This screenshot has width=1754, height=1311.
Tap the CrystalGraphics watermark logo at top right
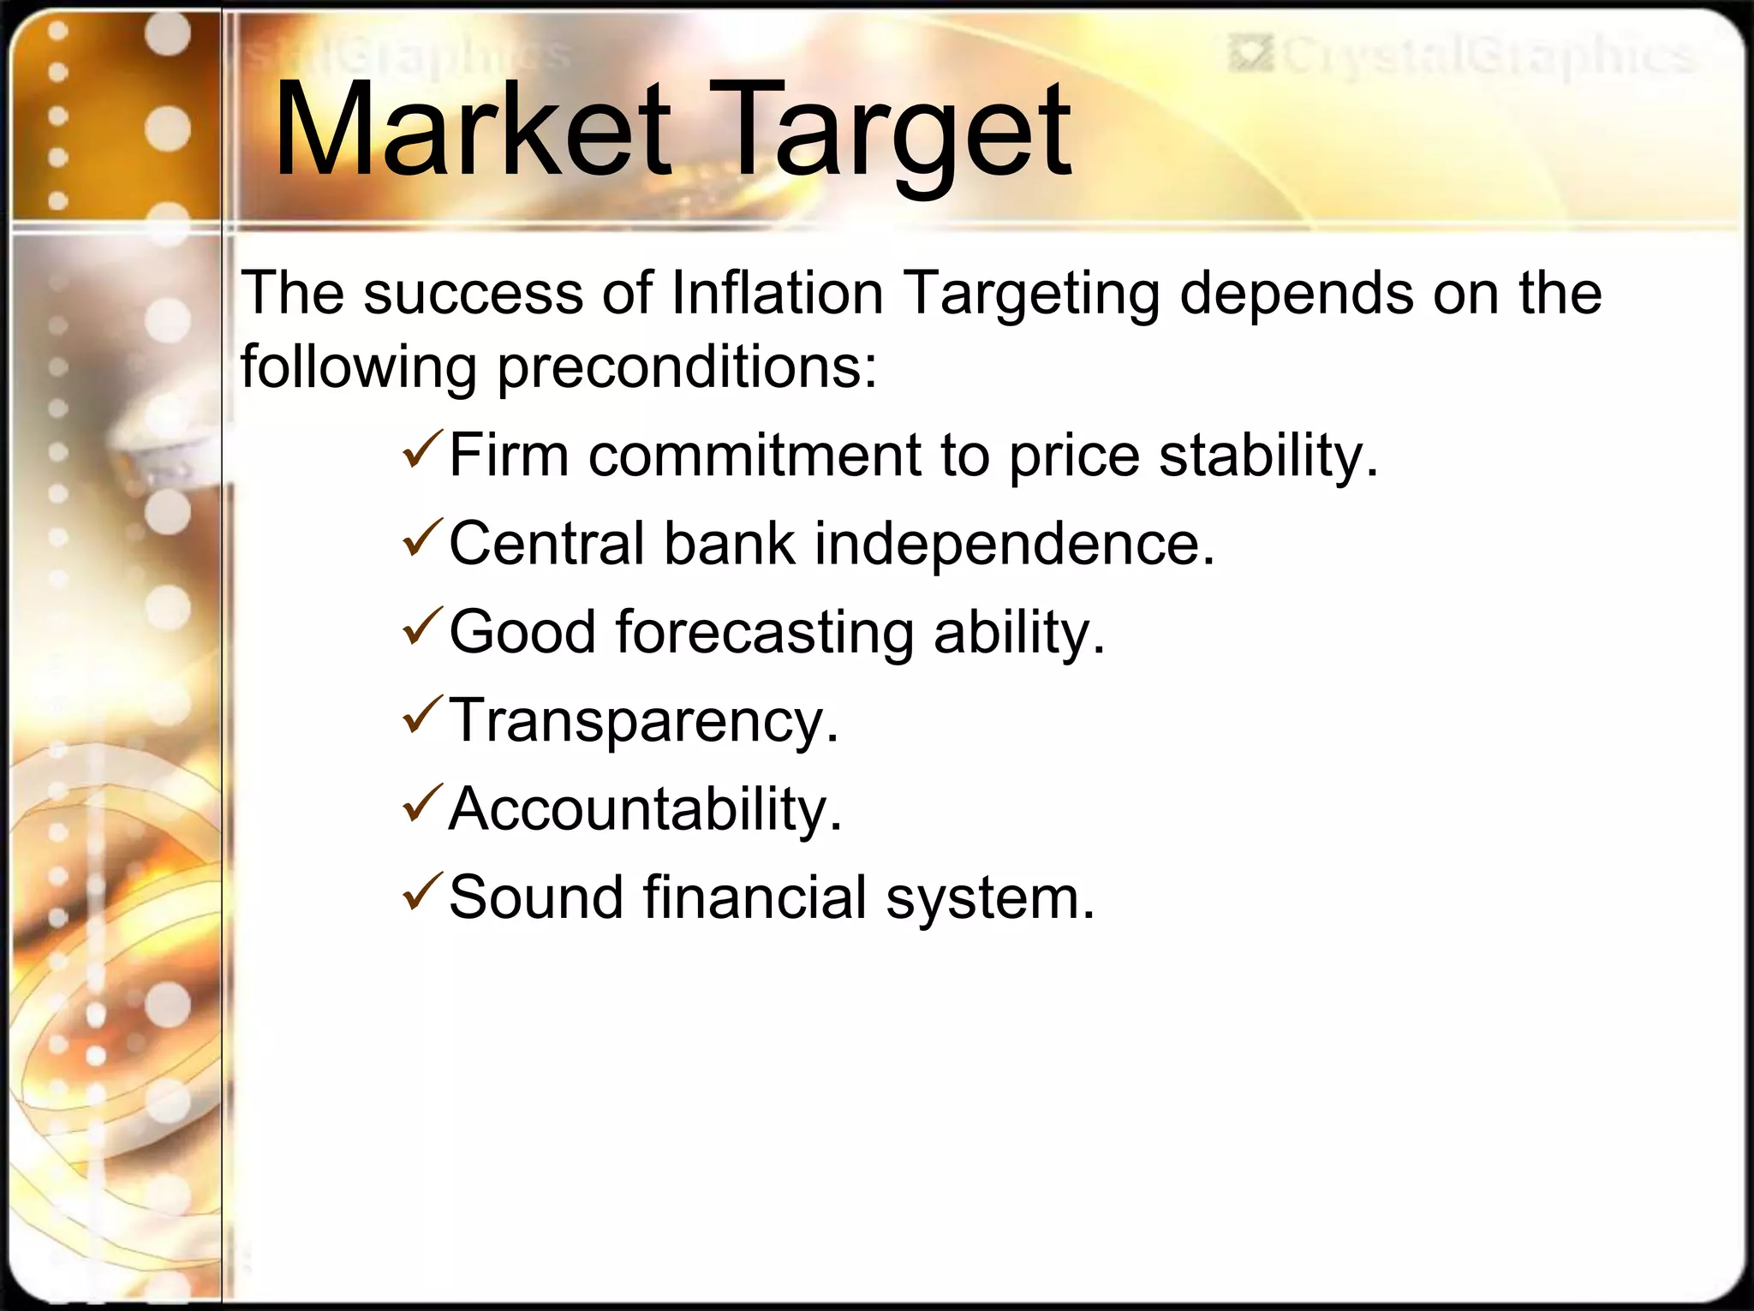[x=1461, y=56]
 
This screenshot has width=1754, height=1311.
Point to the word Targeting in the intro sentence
[x=1032, y=294]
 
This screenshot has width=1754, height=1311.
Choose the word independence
[x=1014, y=544]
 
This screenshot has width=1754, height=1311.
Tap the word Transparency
[x=642, y=721]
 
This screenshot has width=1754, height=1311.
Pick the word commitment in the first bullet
[x=754, y=455]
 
